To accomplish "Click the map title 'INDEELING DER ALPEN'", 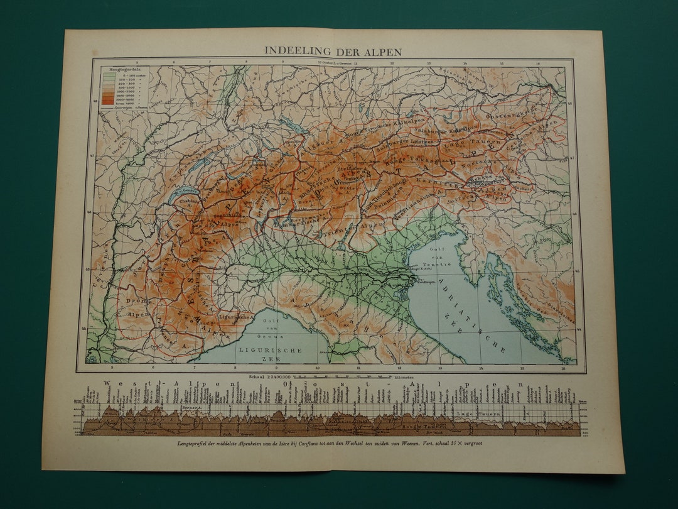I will [x=332, y=51].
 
